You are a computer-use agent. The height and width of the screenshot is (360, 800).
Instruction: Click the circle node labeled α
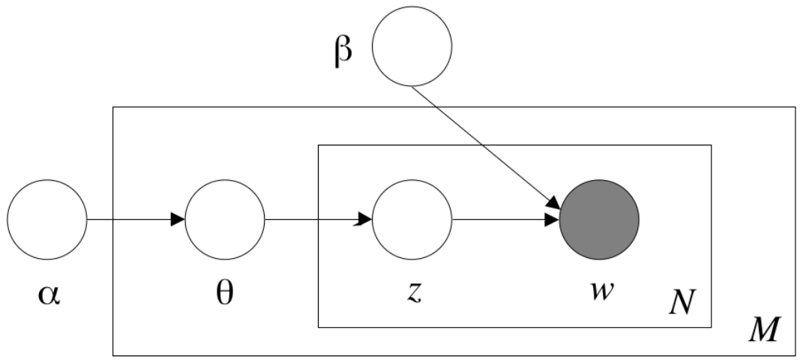click(x=47, y=220)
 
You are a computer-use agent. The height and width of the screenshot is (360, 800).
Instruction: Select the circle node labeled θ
click(x=224, y=220)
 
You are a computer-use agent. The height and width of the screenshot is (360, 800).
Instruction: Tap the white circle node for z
click(x=412, y=220)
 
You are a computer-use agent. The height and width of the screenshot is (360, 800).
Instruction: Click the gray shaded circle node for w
click(x=599, y=220)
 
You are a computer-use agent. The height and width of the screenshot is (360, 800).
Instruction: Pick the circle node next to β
click(x=412, y=46)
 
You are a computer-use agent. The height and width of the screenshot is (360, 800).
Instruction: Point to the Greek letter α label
click(x=49, y=295)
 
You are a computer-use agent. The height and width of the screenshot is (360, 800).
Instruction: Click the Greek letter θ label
click(x=224, y=292)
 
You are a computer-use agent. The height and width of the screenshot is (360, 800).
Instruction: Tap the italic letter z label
click(x=415, y=292)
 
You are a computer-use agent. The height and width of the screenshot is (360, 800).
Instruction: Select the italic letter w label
click(x=601, y=292)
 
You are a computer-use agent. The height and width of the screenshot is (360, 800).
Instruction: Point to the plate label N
click(x=682, y=301)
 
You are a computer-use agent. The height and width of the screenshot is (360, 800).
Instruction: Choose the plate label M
click(x=764, y=329)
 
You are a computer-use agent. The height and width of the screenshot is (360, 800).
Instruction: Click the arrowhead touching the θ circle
click(x=178, y=220)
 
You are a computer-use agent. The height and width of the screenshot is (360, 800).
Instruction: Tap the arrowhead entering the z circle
click(x=365, y=220)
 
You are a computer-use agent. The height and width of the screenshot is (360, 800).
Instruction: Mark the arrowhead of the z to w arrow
click(x=552, y=220)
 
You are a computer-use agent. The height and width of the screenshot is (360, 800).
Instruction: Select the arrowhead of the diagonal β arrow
click(x=554, y=204)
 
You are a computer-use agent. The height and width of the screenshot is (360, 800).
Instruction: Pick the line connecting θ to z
click(x=319, y=220)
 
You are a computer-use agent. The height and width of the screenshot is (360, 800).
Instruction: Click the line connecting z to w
click(x=505, y=220)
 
